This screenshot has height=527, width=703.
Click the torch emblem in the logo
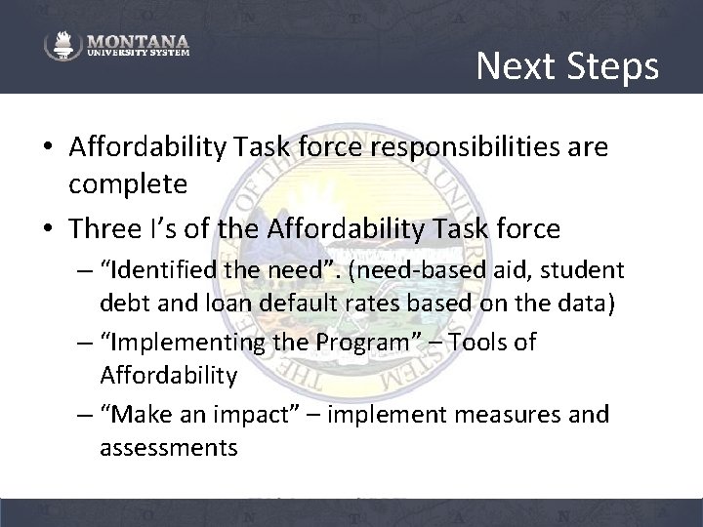coord(62,46)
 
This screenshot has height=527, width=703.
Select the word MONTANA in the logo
coord(137,42)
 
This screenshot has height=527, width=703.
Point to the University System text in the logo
coord(137,55)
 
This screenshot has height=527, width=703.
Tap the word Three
coord(103,228)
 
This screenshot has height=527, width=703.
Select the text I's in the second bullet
coord(159,228)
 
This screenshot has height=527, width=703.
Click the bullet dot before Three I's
coord(48,230)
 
